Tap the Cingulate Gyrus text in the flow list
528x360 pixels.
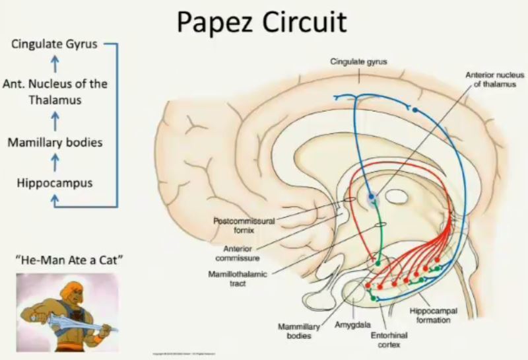(x=54, y=45)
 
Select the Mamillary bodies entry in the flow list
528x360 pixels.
(x=55, y=142)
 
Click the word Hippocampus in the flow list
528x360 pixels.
(x=55, y=182)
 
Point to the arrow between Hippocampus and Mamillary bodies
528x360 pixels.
(x=55, y=162)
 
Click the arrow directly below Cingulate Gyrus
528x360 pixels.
(x=55, y=64)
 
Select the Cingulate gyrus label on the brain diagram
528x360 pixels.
(x=358, y=61)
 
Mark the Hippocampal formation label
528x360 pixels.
(x=433, y=315)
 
